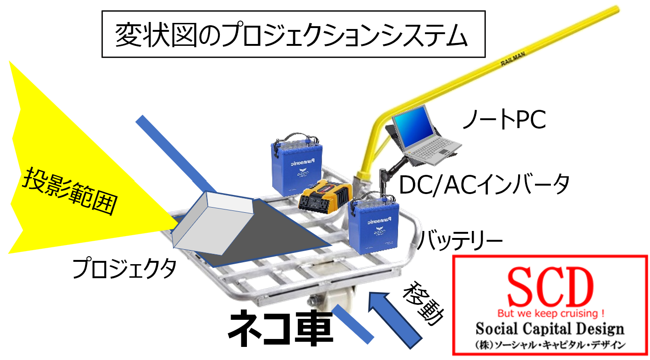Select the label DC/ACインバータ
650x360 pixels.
coord(484,184)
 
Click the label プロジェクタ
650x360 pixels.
coord(124,268)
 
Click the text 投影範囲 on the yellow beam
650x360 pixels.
coord(70,192)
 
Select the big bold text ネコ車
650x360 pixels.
coord(281,329)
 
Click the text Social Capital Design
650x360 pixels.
coord(550,329)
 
